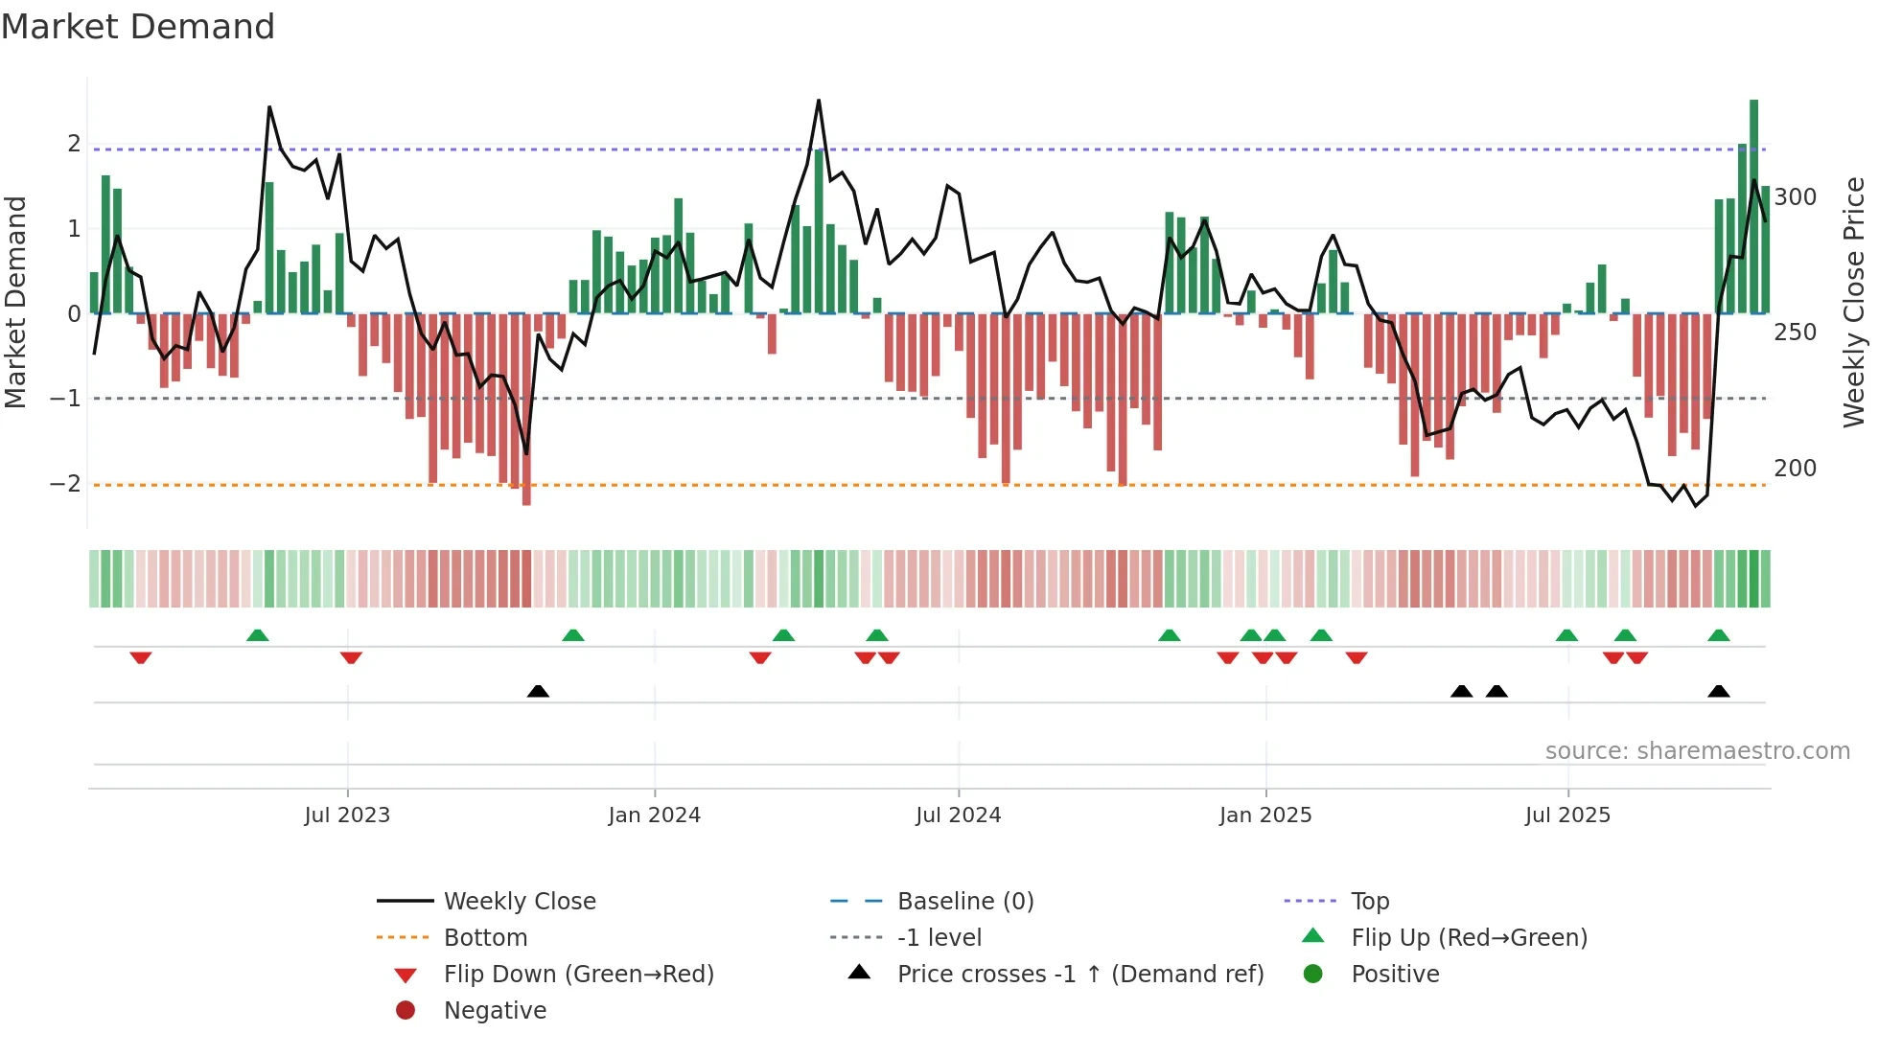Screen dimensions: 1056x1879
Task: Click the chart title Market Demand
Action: point(138,27)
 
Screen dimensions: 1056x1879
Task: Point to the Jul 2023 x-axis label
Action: point(347,815)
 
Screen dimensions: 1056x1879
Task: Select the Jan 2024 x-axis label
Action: point(654,815)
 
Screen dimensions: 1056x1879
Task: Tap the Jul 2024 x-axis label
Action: point(958,815)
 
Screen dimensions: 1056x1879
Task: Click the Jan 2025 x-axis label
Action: point(1265,815)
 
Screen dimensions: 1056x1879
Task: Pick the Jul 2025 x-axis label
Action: point(1567,815)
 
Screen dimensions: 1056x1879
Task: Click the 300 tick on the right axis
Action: point(1795,197)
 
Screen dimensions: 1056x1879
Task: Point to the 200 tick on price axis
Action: point(1795,469)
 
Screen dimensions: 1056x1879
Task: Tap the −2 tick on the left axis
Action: point(65,484)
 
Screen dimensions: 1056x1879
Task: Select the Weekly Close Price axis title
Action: point(1854,302)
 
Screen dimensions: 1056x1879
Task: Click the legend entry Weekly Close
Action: point(519,902)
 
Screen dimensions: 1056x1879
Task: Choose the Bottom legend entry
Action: point(485,938)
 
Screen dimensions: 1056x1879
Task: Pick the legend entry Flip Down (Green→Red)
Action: point(578,975)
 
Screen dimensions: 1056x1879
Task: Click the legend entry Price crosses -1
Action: point(1079,975)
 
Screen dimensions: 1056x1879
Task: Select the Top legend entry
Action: point(1370,902)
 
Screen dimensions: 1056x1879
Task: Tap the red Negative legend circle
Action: point(406,1011)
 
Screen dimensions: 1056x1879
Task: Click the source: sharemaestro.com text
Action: point(1697,751)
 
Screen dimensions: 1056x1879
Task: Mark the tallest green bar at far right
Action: point(1753,206)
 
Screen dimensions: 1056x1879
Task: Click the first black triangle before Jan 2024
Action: point(538,691)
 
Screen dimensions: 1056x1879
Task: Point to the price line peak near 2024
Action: point(819,101)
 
